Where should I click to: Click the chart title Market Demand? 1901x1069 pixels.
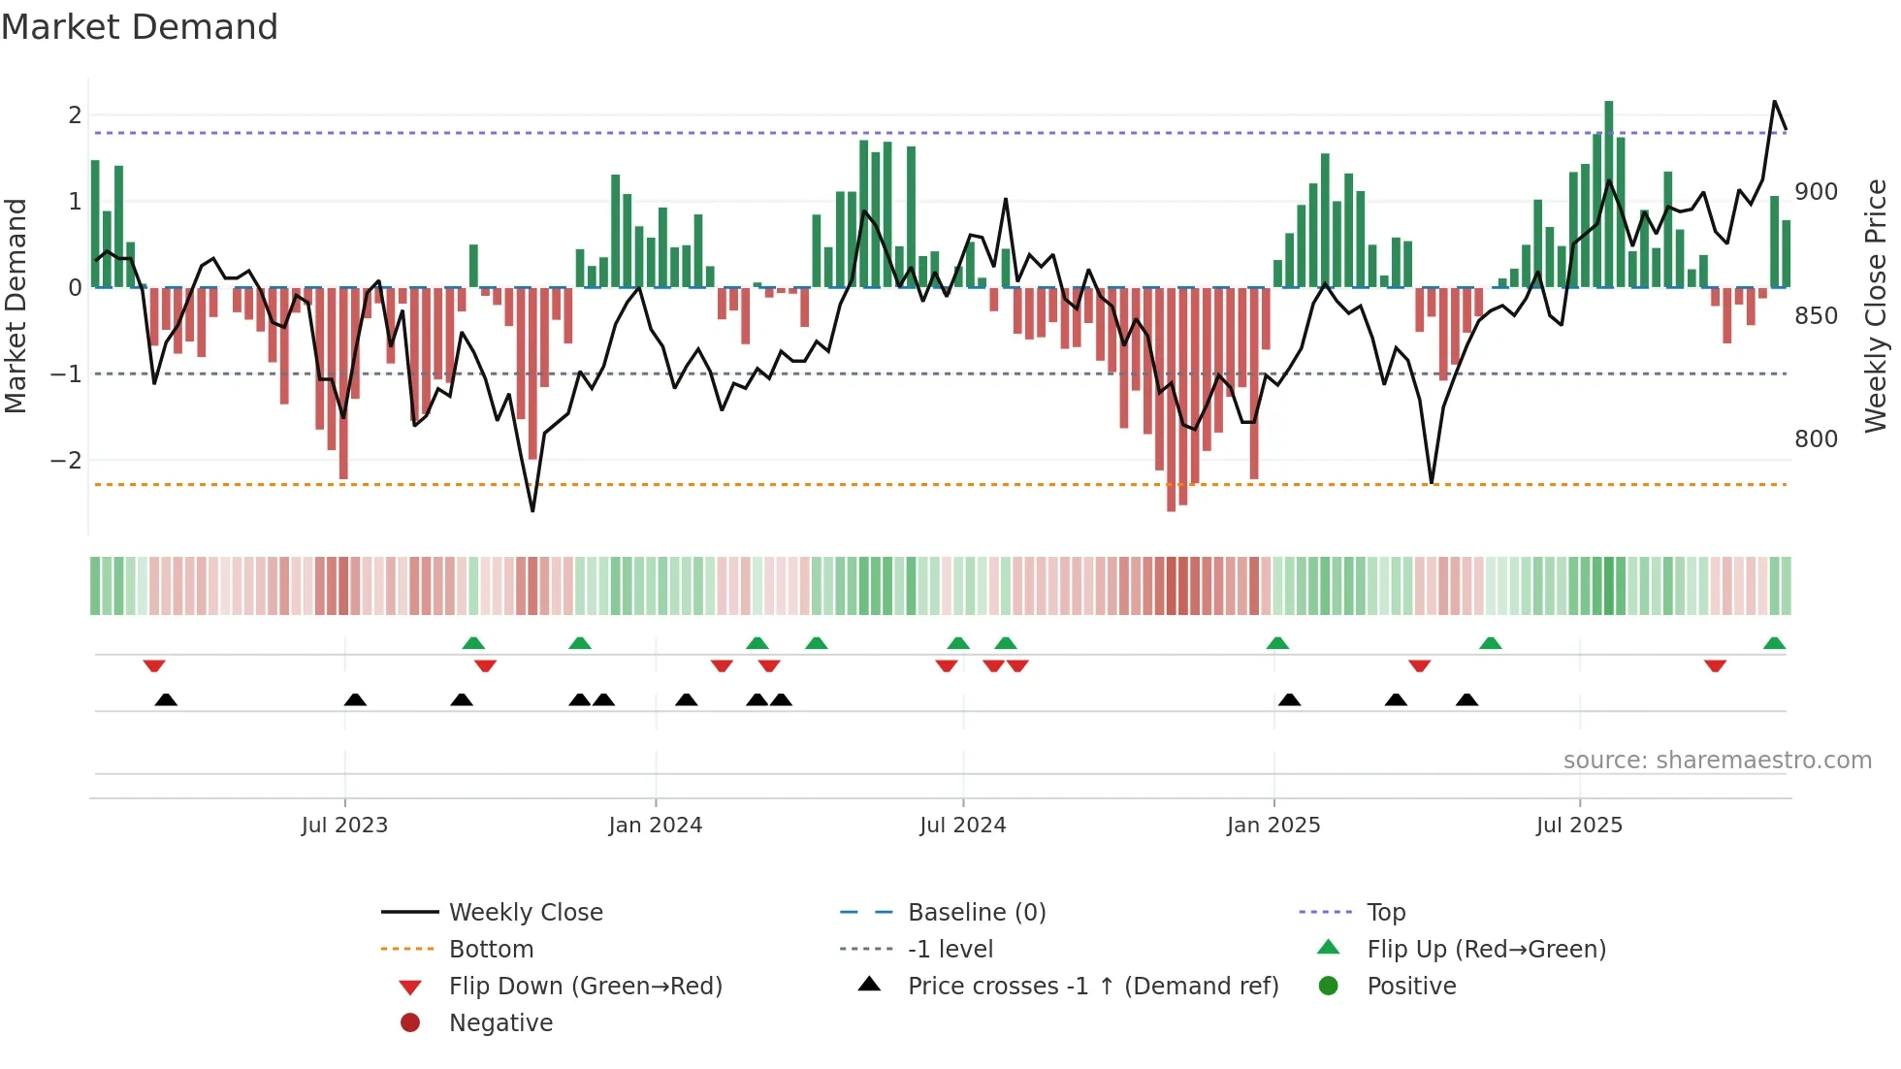(140, 27)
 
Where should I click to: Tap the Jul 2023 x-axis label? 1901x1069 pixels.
(344, 826)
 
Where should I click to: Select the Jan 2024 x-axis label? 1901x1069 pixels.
(656, 826)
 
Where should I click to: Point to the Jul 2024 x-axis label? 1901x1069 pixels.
(963, 826)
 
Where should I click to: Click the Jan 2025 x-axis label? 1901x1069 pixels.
(1273, 826)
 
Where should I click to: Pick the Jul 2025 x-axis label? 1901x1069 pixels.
(1579, 826)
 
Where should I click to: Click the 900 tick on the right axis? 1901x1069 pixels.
(1816, 192)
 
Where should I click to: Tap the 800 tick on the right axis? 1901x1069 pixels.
(1816, 439)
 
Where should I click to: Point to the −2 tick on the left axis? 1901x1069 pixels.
(66, 460)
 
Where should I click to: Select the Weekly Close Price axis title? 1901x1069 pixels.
(1876, 306)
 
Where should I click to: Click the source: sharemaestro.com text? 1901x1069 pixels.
(1717, 761)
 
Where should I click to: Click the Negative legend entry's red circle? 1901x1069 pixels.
(410, 1023)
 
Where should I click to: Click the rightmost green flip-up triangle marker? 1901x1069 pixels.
(1774, 643)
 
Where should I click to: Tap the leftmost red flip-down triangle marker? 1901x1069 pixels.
(154, 665)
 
